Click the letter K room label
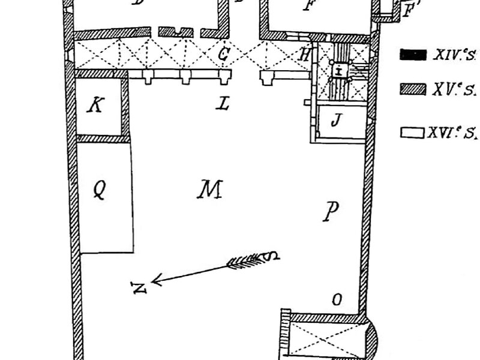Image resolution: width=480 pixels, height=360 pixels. tap(95, 106)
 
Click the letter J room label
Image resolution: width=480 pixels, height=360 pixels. tap(336, 120)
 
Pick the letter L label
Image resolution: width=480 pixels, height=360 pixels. tap(223, 104)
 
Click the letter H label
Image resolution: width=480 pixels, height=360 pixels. tap(305, 56)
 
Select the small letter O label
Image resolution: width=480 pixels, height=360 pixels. tap(337, 299)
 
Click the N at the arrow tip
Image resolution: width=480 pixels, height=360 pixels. tap(140, 287)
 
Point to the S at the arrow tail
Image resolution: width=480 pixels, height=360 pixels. tap(274, 256)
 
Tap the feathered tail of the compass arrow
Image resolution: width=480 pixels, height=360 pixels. tap(246, 260)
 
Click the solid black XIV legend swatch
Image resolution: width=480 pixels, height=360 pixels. tap(412, 55)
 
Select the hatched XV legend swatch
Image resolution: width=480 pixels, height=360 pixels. tap(412, 90)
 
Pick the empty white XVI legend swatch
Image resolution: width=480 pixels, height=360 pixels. tap(412, 132)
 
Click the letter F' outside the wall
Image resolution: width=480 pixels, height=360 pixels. tap(410, 10)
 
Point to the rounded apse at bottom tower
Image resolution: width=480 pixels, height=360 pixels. tap(371, 339)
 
